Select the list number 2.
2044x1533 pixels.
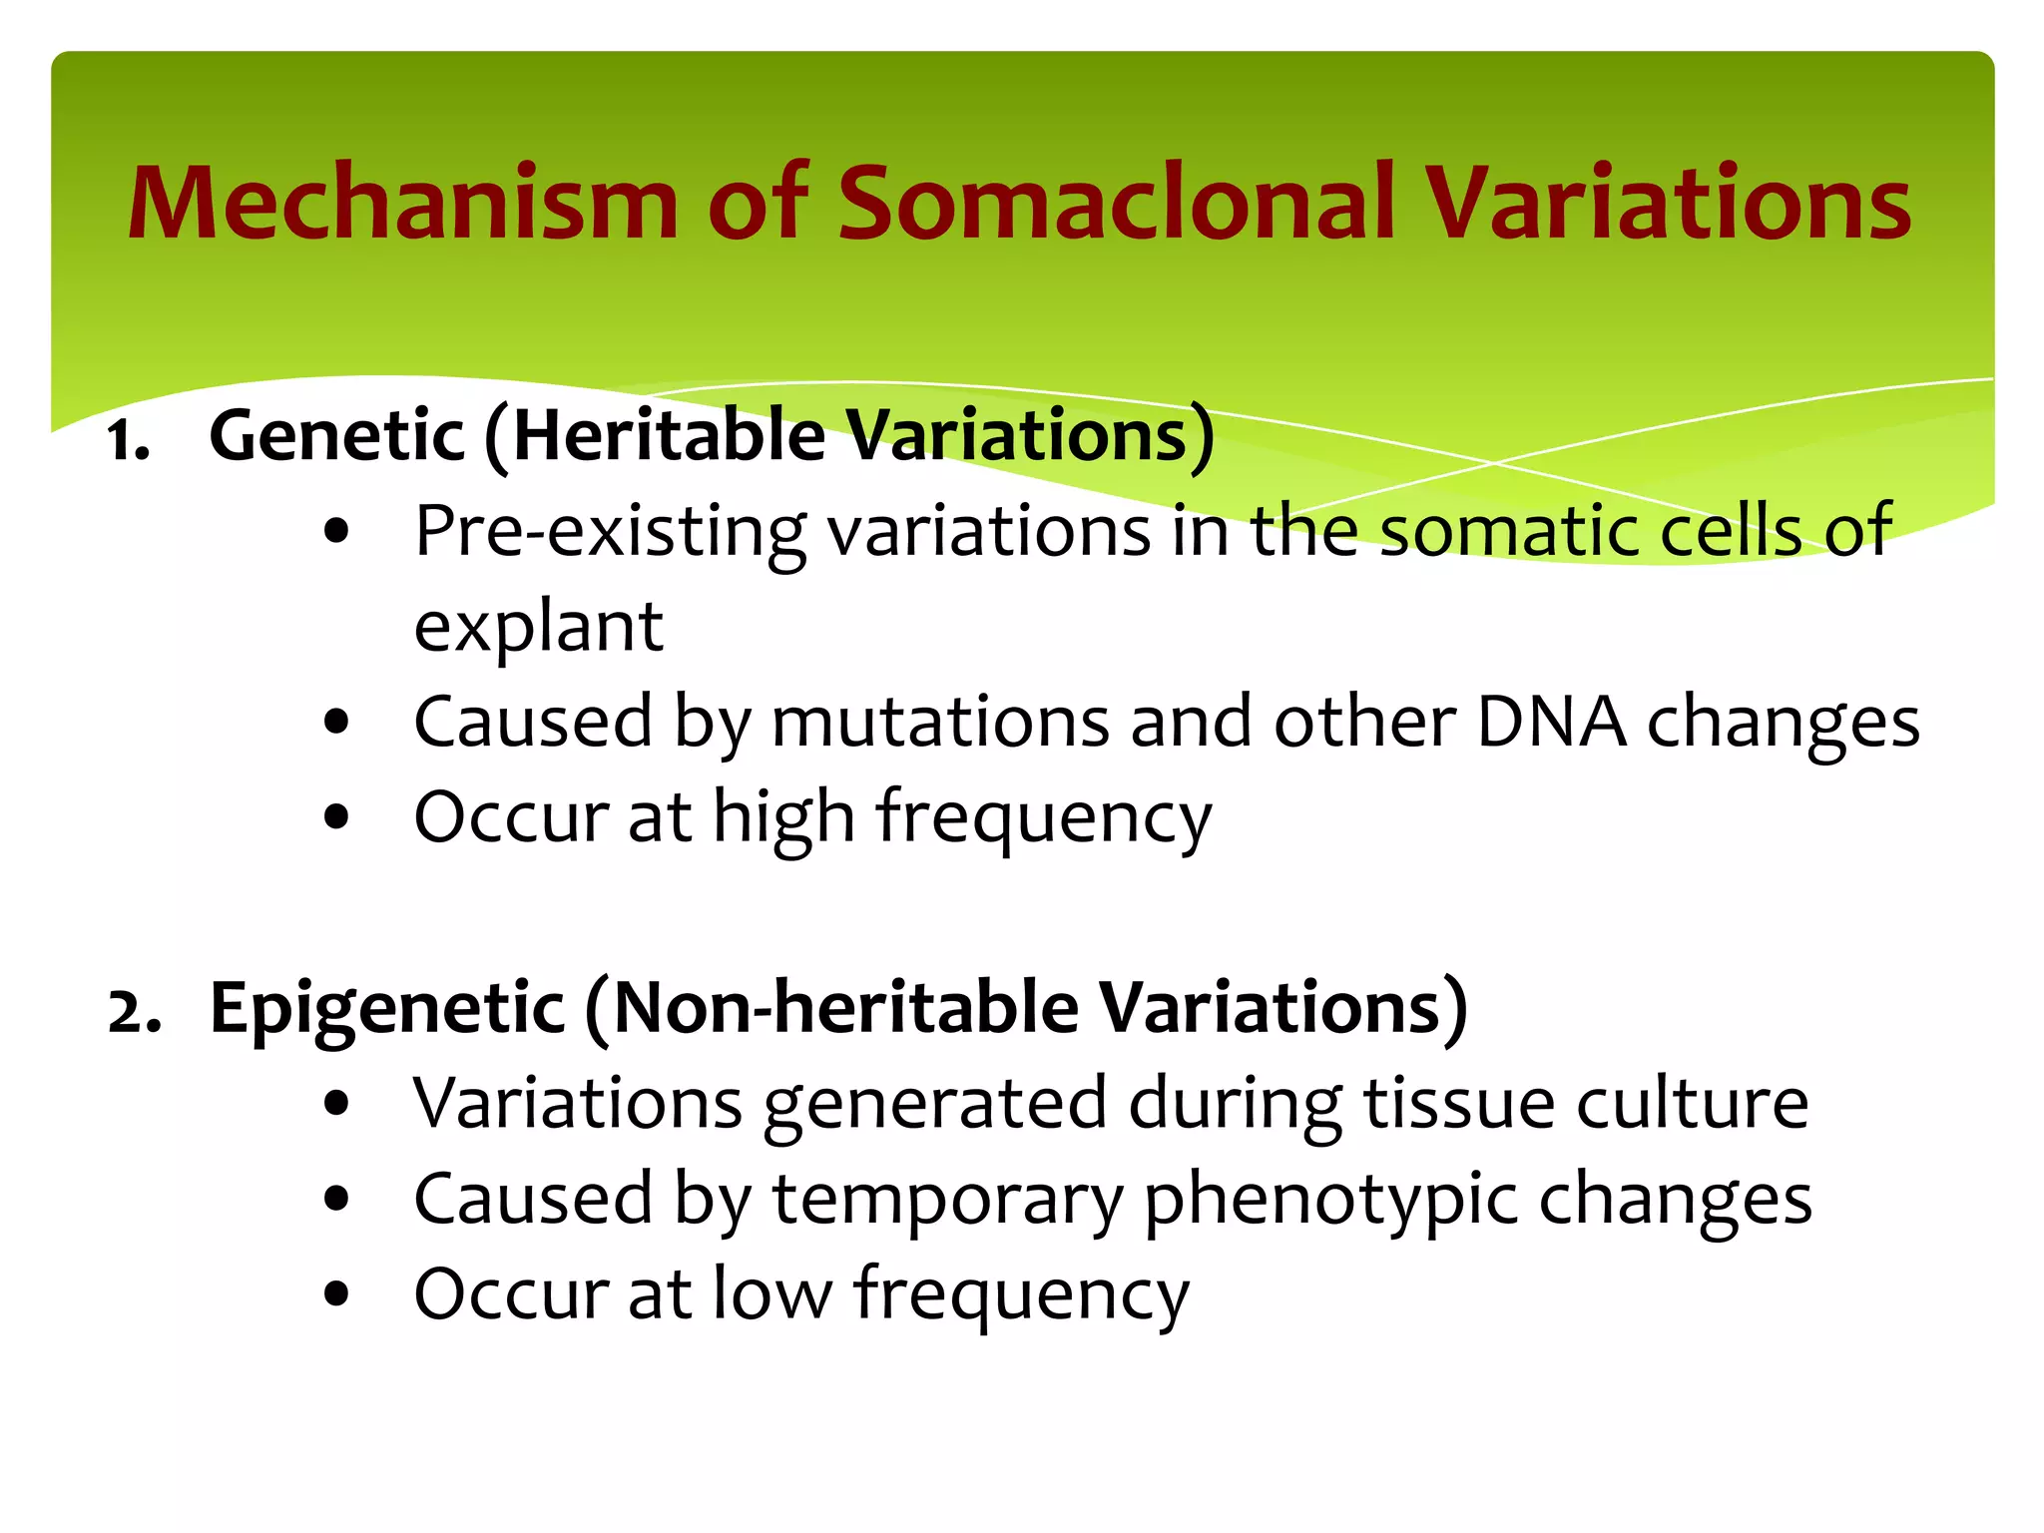pos(134,1013)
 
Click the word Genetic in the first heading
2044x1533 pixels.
pos(337,437)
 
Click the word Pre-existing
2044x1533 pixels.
pos(610,532)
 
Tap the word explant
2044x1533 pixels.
pos(539,628)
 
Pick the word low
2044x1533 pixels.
pos(772,1294)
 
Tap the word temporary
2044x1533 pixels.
pos(948,1200)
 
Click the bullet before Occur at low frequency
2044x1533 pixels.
pos(337,1294)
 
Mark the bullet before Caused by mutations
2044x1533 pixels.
pos(337,722)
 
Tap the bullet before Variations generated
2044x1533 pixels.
pos(337,1104)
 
